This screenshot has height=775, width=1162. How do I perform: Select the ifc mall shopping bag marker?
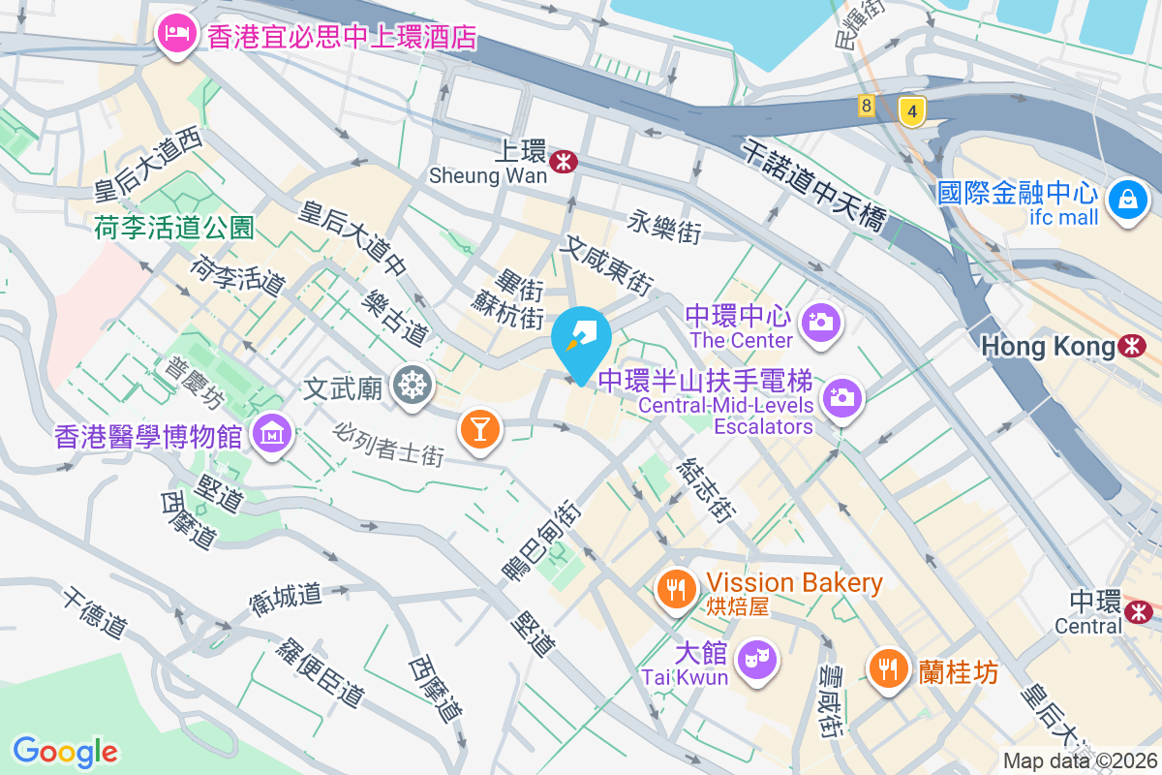coord(1128,201)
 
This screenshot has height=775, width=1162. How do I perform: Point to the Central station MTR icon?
coord(1139,610)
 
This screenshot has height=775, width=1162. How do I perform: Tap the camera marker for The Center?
coord(821,321)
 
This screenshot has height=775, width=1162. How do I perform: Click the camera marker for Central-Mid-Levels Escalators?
coord(841,396)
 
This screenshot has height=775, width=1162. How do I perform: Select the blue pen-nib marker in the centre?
coord(581,339)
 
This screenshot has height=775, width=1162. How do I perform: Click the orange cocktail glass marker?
coord(479,426)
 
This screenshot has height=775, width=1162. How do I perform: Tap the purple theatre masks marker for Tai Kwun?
coord(757,659)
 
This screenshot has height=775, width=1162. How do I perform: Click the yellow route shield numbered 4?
coord(910,109)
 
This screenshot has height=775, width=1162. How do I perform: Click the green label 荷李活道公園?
coord(174,229)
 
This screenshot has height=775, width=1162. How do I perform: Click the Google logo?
coord(65,751)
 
